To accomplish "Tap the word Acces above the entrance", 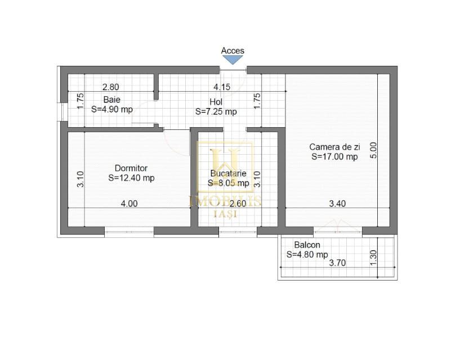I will [x=233, y=51].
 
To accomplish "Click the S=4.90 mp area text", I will [x=112, y=109].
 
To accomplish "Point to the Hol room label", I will [x=216, y=102].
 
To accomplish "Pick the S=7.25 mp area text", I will [x=216, y=111].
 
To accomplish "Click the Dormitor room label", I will [x=131, y=168].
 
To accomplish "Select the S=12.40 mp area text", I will [x=131, y=178].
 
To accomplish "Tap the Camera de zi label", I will [x=334, y=147].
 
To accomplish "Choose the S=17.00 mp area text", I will [x=334, y=157].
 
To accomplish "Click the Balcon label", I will [x=307, y=245].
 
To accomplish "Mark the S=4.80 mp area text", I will [x=307, y=254].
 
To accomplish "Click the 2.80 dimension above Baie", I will [x=110, y=87].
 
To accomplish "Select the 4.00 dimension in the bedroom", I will [x=129, y=204].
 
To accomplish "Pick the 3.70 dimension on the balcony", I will [x=337, y=263].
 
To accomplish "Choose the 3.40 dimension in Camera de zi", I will [x=337, y=204].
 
